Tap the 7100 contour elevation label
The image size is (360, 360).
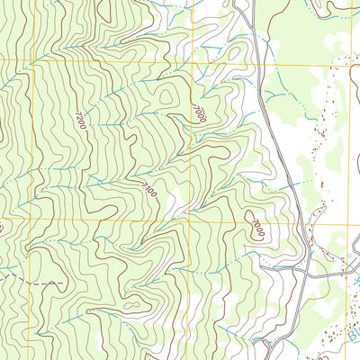[148, 188]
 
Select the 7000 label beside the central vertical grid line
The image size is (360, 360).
[198, 112]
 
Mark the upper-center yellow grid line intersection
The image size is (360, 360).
[190, 61]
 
